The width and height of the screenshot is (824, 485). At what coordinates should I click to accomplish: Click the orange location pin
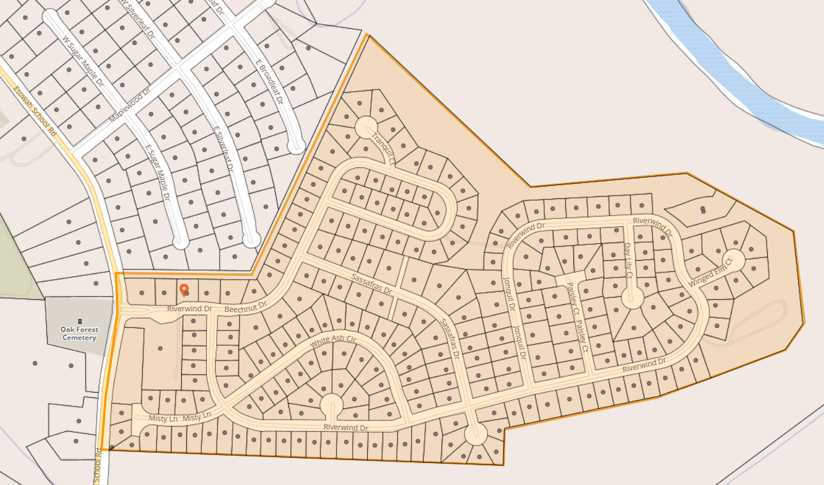pos(183,290)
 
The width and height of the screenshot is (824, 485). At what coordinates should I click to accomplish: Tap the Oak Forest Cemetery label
pos(80,334)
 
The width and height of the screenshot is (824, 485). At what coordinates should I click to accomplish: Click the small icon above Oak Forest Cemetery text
pos(80,322)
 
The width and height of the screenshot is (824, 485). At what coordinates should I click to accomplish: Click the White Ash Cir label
pos(333,341)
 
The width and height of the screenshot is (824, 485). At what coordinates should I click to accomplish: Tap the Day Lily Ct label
pos(628,260)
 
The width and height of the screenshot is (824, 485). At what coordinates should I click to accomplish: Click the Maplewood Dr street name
pos(130,104)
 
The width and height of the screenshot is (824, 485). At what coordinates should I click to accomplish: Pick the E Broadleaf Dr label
pos(270,81)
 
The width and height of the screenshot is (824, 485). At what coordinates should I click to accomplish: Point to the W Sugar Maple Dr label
pos(84,61)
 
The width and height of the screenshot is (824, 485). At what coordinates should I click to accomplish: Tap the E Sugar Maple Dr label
pos(158,172)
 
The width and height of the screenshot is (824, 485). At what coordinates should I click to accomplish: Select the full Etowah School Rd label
pos(36,111)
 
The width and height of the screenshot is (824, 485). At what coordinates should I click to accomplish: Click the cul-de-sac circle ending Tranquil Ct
pos(366,127)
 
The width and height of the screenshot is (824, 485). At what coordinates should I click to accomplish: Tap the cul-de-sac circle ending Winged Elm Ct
pos(733,260)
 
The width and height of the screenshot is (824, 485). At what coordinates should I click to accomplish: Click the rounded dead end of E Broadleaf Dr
pos(296,146)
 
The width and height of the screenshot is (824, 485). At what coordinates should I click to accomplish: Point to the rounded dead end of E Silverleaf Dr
pos(251,240)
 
